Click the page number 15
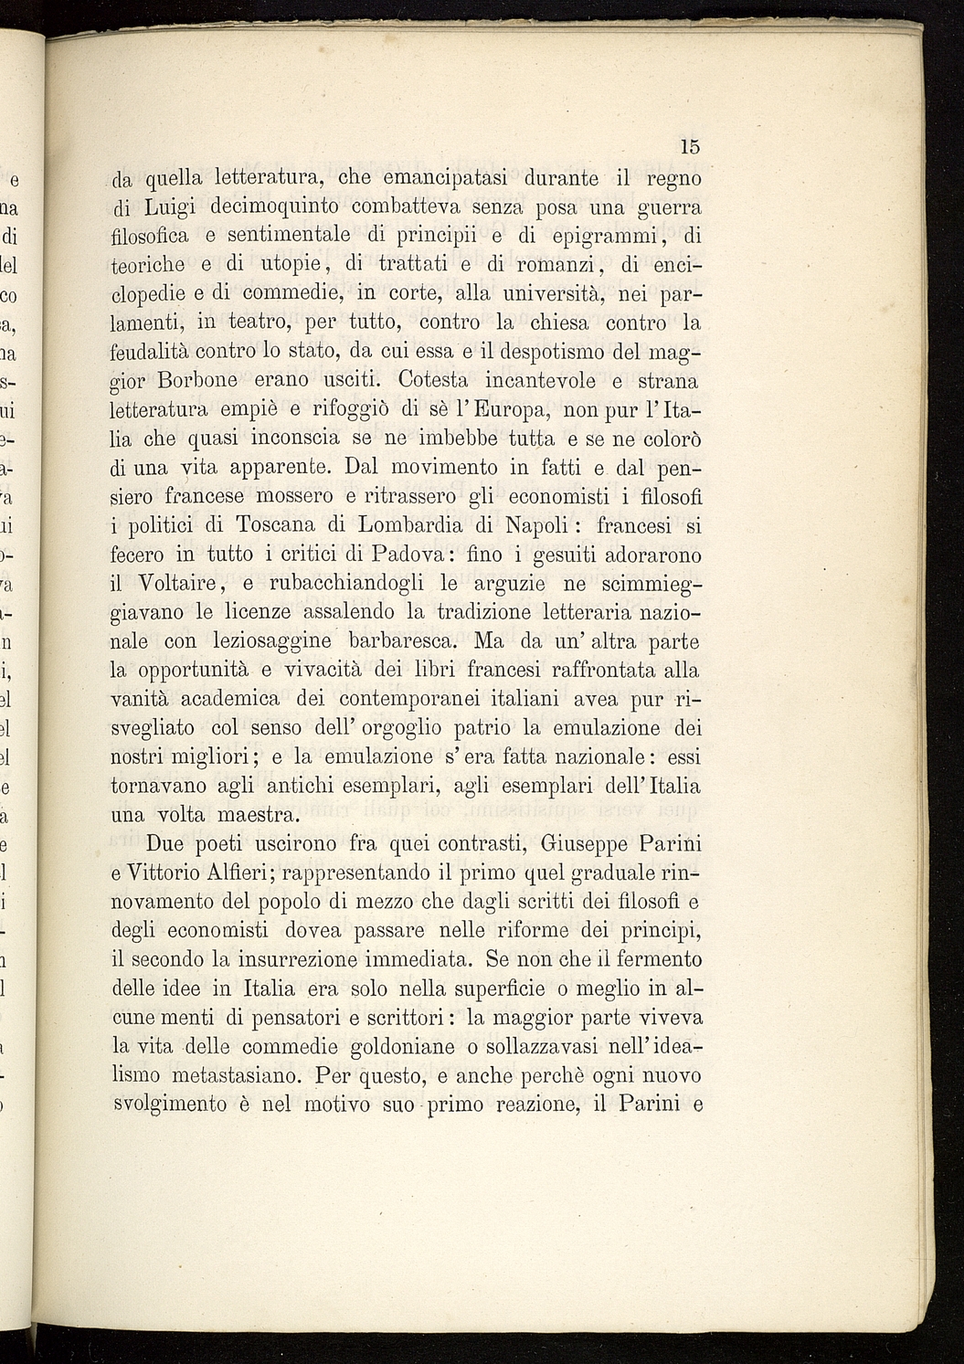(690, 146)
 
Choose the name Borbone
(198, 380)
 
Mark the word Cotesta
(433, 380)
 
